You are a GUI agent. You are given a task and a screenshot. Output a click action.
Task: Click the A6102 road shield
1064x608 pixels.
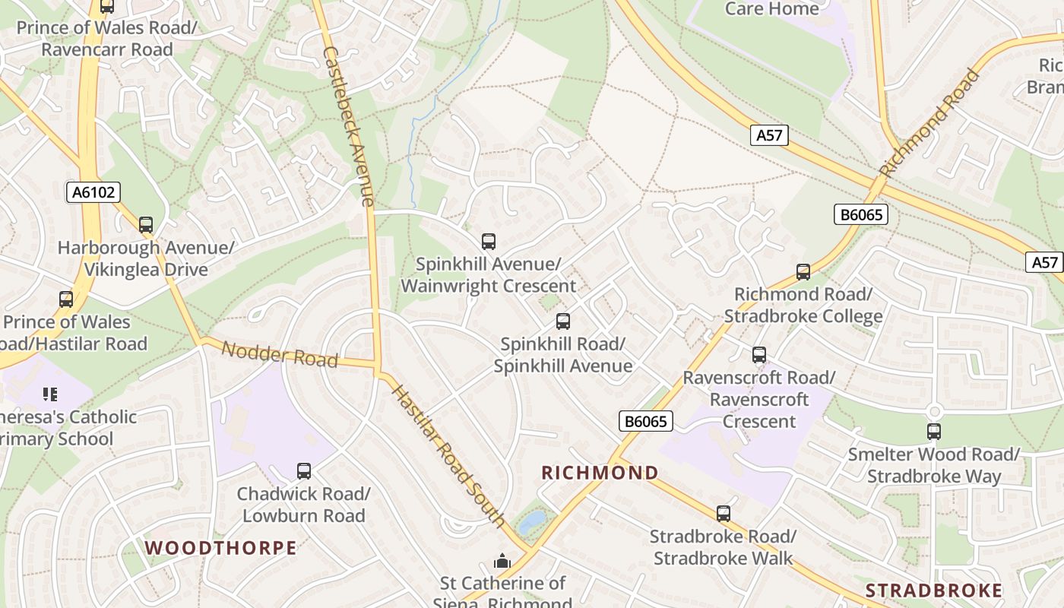(x=93, y=192)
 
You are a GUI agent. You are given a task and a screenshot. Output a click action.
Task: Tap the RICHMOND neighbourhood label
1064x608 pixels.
(x=600, y=473)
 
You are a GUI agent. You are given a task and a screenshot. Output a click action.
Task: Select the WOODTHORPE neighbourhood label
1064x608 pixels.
(x=220, y=548)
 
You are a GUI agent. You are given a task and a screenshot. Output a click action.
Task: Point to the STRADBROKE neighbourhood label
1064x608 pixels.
(x=934, y=591)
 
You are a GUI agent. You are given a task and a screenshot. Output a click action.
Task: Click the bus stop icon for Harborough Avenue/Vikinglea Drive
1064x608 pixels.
(x=145, y=225)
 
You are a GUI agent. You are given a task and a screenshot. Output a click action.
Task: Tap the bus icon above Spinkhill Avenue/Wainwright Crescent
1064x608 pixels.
(x=489, y=242)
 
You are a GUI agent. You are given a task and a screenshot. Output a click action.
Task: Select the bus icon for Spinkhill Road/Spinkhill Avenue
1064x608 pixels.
(x=562, y=321)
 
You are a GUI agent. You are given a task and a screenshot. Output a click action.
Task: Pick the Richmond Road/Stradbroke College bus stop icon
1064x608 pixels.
(x=803, y=272)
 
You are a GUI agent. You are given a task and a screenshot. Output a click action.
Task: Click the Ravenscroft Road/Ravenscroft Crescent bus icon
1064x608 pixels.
(x=758, y=355)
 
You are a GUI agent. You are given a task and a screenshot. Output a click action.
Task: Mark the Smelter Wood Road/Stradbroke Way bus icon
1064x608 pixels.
(x=934, y=432)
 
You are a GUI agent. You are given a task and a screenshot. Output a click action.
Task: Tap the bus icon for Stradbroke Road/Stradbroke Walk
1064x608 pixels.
(x=724, y=514)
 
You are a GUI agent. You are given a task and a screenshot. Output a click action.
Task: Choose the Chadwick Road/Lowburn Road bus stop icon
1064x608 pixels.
(x=304, y=471)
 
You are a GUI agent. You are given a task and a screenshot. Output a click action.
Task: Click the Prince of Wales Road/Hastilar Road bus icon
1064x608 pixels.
(x=66, y=299)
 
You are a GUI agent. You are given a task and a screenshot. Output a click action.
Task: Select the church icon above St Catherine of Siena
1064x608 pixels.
(x=502, y=562)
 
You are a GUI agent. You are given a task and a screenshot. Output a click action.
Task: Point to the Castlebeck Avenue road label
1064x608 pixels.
(x=348, y=125)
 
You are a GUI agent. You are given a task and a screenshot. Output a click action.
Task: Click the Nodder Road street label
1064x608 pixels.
(x=280, y=353)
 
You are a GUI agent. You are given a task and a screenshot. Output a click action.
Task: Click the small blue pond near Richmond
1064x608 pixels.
(x=532, y=521)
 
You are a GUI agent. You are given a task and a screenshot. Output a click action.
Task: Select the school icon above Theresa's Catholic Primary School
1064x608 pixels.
(x=50, y=394)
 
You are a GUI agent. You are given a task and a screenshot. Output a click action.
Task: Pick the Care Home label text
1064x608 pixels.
(x=771, y=9)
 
